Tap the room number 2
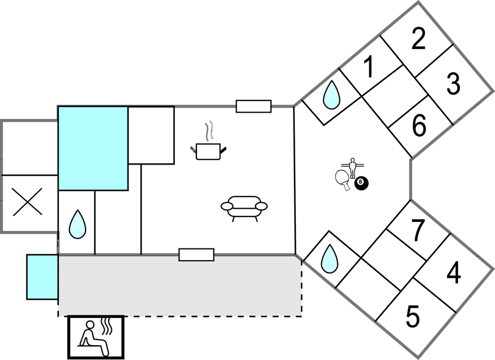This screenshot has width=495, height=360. click(x=419, y=40)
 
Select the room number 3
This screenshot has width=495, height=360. click(x=453, y=84)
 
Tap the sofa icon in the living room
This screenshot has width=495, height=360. click(x=244, y=208)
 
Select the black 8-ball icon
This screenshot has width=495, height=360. click(x=361, y=182)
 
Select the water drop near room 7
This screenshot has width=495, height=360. click(x=330, y=258)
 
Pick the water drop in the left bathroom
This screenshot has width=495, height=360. click(x=77, y=225)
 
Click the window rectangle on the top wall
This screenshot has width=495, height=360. click(x=254, y=106)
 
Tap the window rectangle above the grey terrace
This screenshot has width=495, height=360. click(x=196, y=255)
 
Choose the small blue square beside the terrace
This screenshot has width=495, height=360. click(x=42, y=277)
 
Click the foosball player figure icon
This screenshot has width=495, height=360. click(x=352, y=167)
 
